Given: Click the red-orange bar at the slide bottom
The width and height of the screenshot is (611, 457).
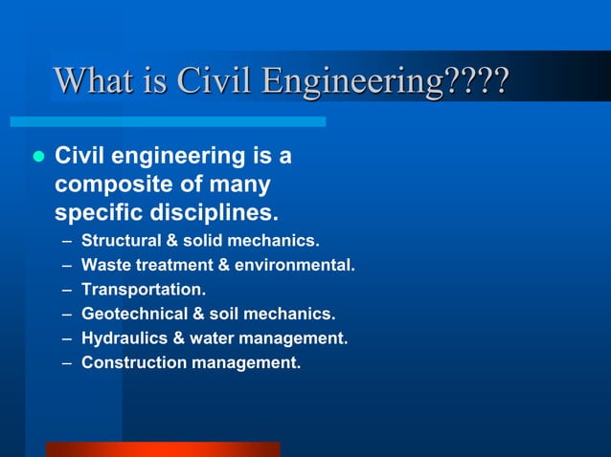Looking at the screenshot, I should click(x=163, y=449).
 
